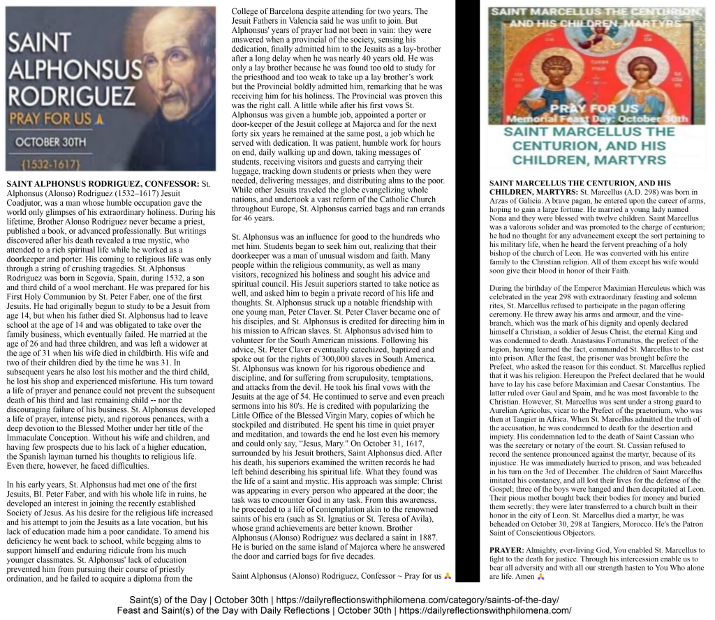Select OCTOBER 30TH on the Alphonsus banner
click(x=52, y=142)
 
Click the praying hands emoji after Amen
click(x=541, y=577)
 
